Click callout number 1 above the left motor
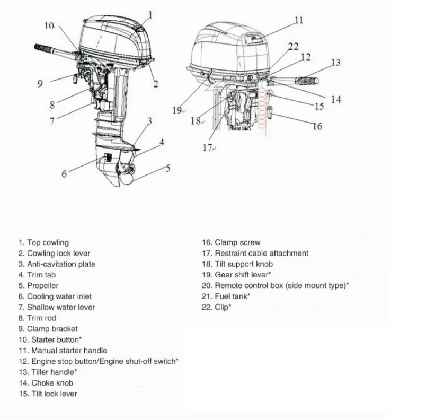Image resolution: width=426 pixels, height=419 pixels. tap(150, 15)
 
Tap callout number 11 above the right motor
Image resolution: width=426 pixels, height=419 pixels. tap(299, 20)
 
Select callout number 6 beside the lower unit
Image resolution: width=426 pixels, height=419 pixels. tap(64, 173)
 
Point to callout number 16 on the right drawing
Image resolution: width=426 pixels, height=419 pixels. tap(317, 126)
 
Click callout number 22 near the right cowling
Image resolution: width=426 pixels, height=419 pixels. tap(293, 47)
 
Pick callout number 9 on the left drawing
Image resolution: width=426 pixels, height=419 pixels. tap(40, 83)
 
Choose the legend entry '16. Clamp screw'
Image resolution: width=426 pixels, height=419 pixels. tap(231, 242)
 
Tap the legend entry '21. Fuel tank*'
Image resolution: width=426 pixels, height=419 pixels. tap(226, 296)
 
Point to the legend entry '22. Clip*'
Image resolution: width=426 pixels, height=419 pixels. tap(217, 307)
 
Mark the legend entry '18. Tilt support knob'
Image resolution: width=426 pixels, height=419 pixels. tap(237, 264)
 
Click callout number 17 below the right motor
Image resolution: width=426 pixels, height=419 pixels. tap(208, 147)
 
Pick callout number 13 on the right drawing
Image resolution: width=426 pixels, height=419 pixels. tap(335, 63)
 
